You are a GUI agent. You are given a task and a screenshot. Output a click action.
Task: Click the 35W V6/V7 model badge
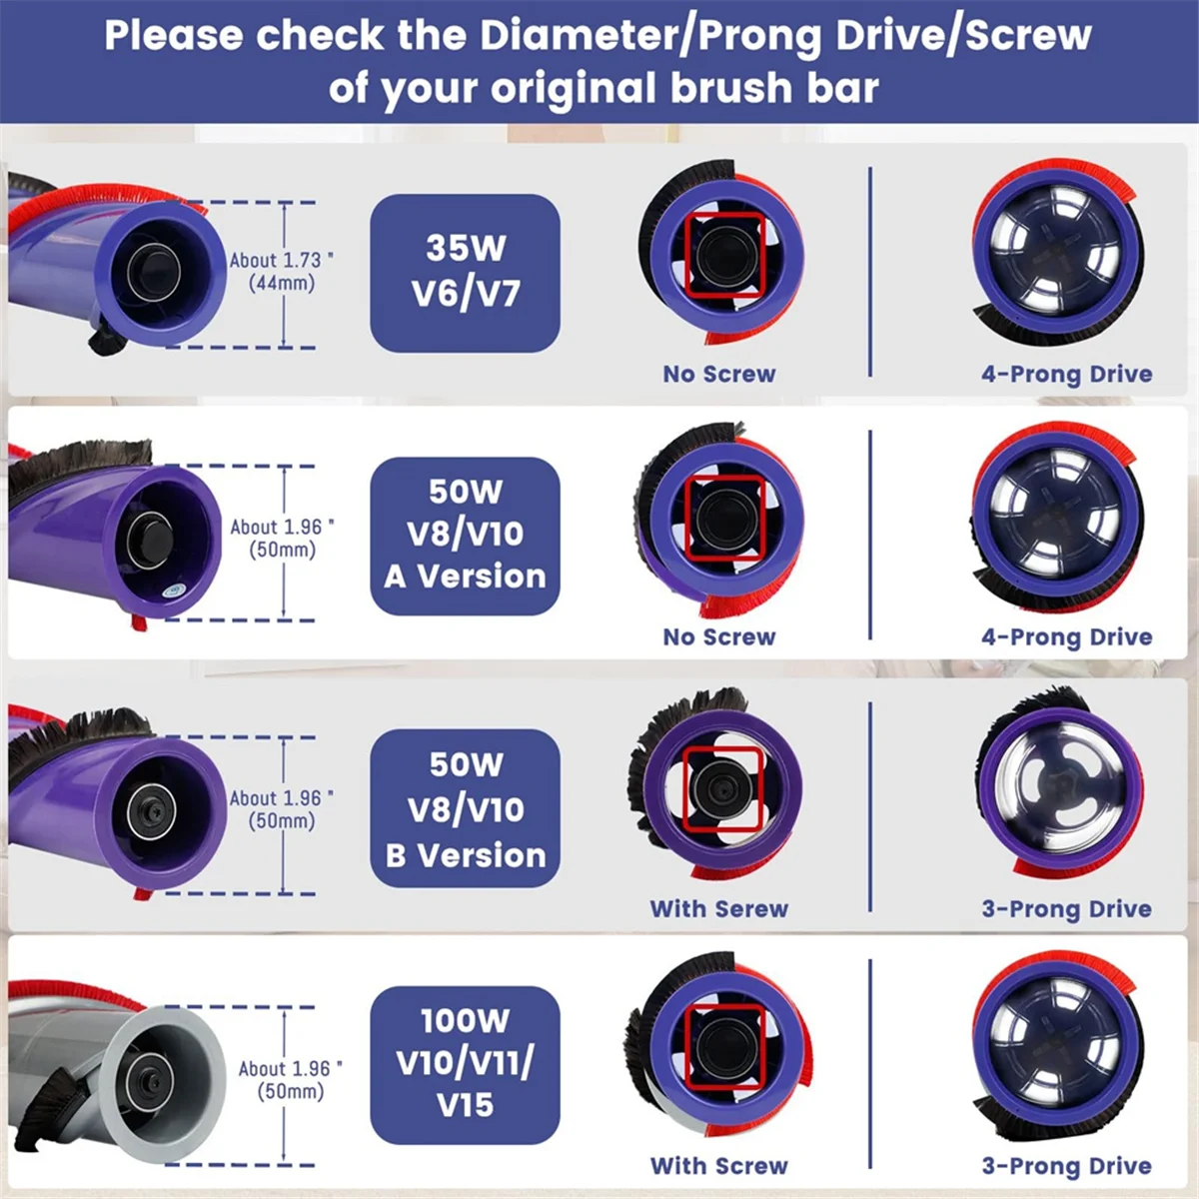point(465,272)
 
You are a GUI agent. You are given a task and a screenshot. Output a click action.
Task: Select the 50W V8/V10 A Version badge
point(465,535)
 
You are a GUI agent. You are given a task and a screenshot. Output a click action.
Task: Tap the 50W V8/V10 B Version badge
point(465,808)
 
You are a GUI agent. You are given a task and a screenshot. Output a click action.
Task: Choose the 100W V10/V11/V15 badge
point(465,1063)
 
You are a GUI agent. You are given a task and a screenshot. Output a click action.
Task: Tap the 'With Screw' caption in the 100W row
point(719,1165)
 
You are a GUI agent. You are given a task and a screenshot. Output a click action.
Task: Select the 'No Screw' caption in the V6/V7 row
point(719,374)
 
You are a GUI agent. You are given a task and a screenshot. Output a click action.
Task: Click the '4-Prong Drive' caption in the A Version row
point(1066,636)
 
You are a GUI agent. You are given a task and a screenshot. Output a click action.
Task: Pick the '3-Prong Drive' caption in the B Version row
point(1066,908)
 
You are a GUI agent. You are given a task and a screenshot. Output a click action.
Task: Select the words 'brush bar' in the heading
point(774,88)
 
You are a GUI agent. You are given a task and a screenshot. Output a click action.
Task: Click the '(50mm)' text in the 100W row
point(291,1091)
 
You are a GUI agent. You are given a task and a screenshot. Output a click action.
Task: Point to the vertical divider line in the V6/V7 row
point(870,272)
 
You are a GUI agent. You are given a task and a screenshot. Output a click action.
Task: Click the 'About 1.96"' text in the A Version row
point(282,527)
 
